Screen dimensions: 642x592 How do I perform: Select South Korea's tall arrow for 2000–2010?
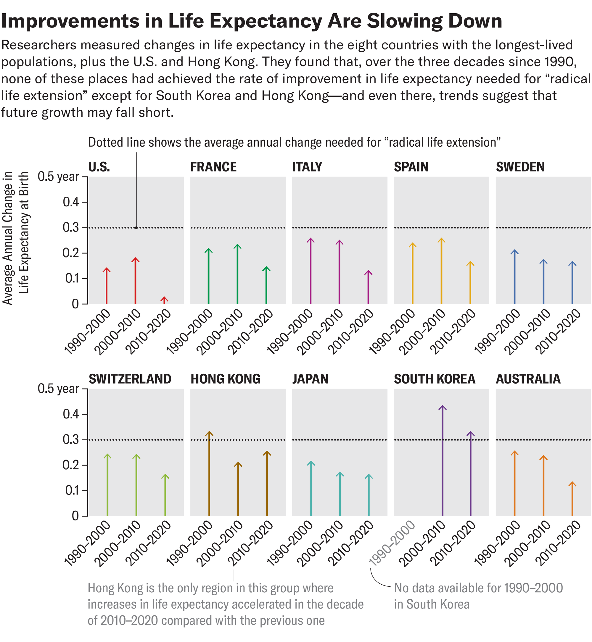point(443,461)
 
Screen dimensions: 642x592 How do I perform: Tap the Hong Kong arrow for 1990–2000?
point(209,474)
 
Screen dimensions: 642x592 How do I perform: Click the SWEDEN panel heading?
point(520,167)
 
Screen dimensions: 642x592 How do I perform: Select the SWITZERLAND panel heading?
point(130,379)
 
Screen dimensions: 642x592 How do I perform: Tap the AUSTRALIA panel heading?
point(528,379)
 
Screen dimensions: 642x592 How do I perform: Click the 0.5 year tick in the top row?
point(58,177)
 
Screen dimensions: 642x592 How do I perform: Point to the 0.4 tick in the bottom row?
point(71,414)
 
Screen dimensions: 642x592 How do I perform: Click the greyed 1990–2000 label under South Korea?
point(392,544)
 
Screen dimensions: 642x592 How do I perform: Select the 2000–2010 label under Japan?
point(320,544)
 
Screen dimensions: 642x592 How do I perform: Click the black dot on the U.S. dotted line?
point(136,227)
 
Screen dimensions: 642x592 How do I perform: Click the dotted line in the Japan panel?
point(340,440)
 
